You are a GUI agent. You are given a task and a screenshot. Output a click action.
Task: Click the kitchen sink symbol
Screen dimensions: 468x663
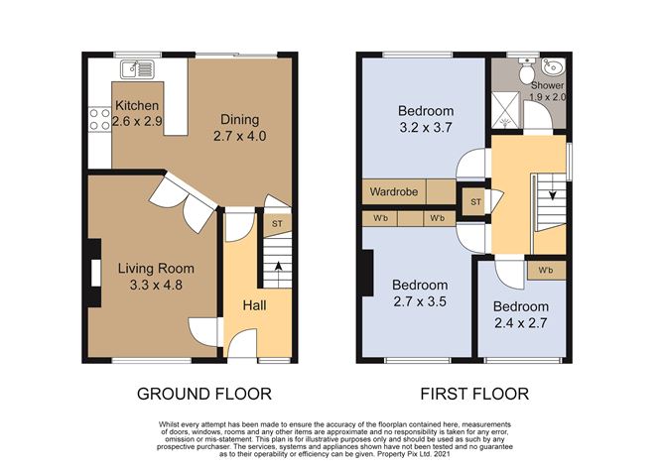point(137,68)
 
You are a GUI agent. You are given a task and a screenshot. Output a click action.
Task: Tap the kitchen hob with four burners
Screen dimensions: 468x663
point(100,120)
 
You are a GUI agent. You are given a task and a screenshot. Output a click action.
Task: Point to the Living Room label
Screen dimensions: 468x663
point(155,276)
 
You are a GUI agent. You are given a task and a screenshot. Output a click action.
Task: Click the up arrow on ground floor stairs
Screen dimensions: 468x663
point(277,265)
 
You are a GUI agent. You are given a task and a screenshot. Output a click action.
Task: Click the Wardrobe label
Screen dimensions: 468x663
point(394,191)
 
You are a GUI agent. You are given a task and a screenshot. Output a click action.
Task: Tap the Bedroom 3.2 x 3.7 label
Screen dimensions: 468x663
point(425,118)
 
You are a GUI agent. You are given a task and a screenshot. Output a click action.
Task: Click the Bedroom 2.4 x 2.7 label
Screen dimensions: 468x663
point(521,314)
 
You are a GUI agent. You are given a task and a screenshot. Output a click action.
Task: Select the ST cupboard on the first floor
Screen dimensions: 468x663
point(475,202)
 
